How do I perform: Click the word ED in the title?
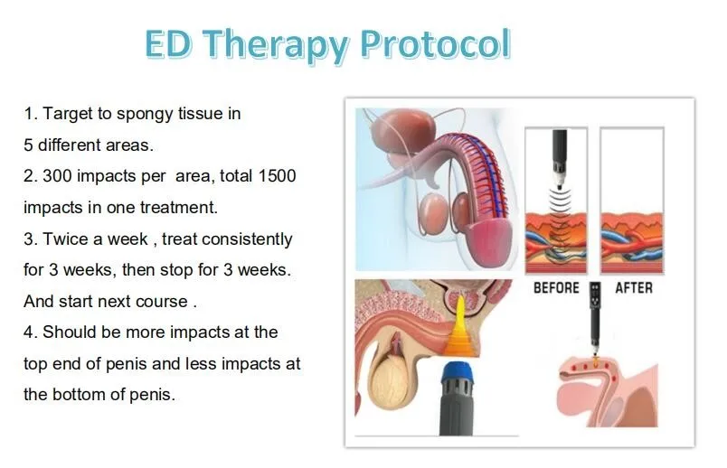tap(168, 43)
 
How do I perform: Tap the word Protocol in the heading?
tap(435, 44)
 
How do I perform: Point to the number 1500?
tap(277, 176)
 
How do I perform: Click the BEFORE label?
tap(556, 288)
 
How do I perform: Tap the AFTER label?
tap(634, 288)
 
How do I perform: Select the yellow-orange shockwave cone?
tap(460, 332)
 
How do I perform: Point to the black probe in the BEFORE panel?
tap(559, 159)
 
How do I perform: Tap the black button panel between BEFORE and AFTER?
tap(595, 295)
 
